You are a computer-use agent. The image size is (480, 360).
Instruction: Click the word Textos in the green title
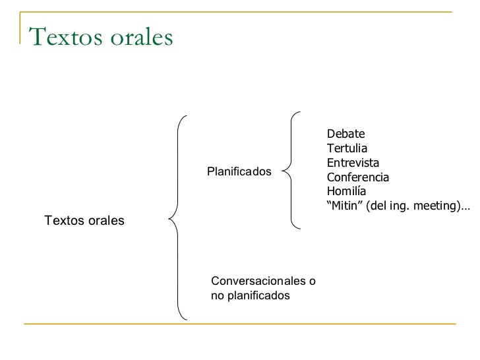pos(65,37)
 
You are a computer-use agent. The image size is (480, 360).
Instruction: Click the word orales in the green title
pos(140,37)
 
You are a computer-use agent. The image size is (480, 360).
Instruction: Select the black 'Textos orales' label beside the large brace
pos(84,220)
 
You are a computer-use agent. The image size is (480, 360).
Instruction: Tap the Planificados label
pos(239,171)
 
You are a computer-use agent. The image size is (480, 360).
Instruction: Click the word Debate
pos(345,134)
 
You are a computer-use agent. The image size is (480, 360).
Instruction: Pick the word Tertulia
pos(347,148)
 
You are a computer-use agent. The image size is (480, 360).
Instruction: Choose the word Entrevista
pos(353,163)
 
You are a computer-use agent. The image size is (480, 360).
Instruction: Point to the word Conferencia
pos(358,177)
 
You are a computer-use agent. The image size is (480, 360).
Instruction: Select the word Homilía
pos(346,192)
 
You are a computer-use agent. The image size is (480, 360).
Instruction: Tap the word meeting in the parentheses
pos(433,206)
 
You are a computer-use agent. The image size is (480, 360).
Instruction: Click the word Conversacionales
pos(258,282)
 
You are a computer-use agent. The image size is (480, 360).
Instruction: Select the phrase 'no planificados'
pos(250,296)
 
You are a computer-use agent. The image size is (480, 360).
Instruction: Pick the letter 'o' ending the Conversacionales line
pos(313,282)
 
